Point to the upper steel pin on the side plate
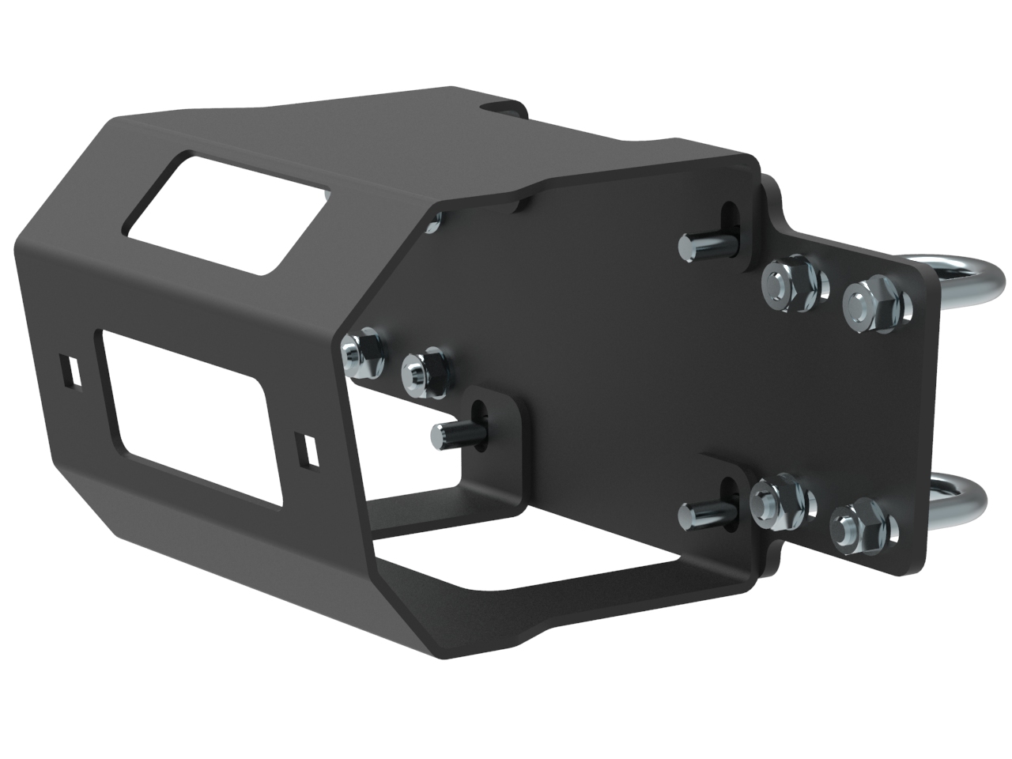point(700,246)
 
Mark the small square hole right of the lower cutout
point(305,448)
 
